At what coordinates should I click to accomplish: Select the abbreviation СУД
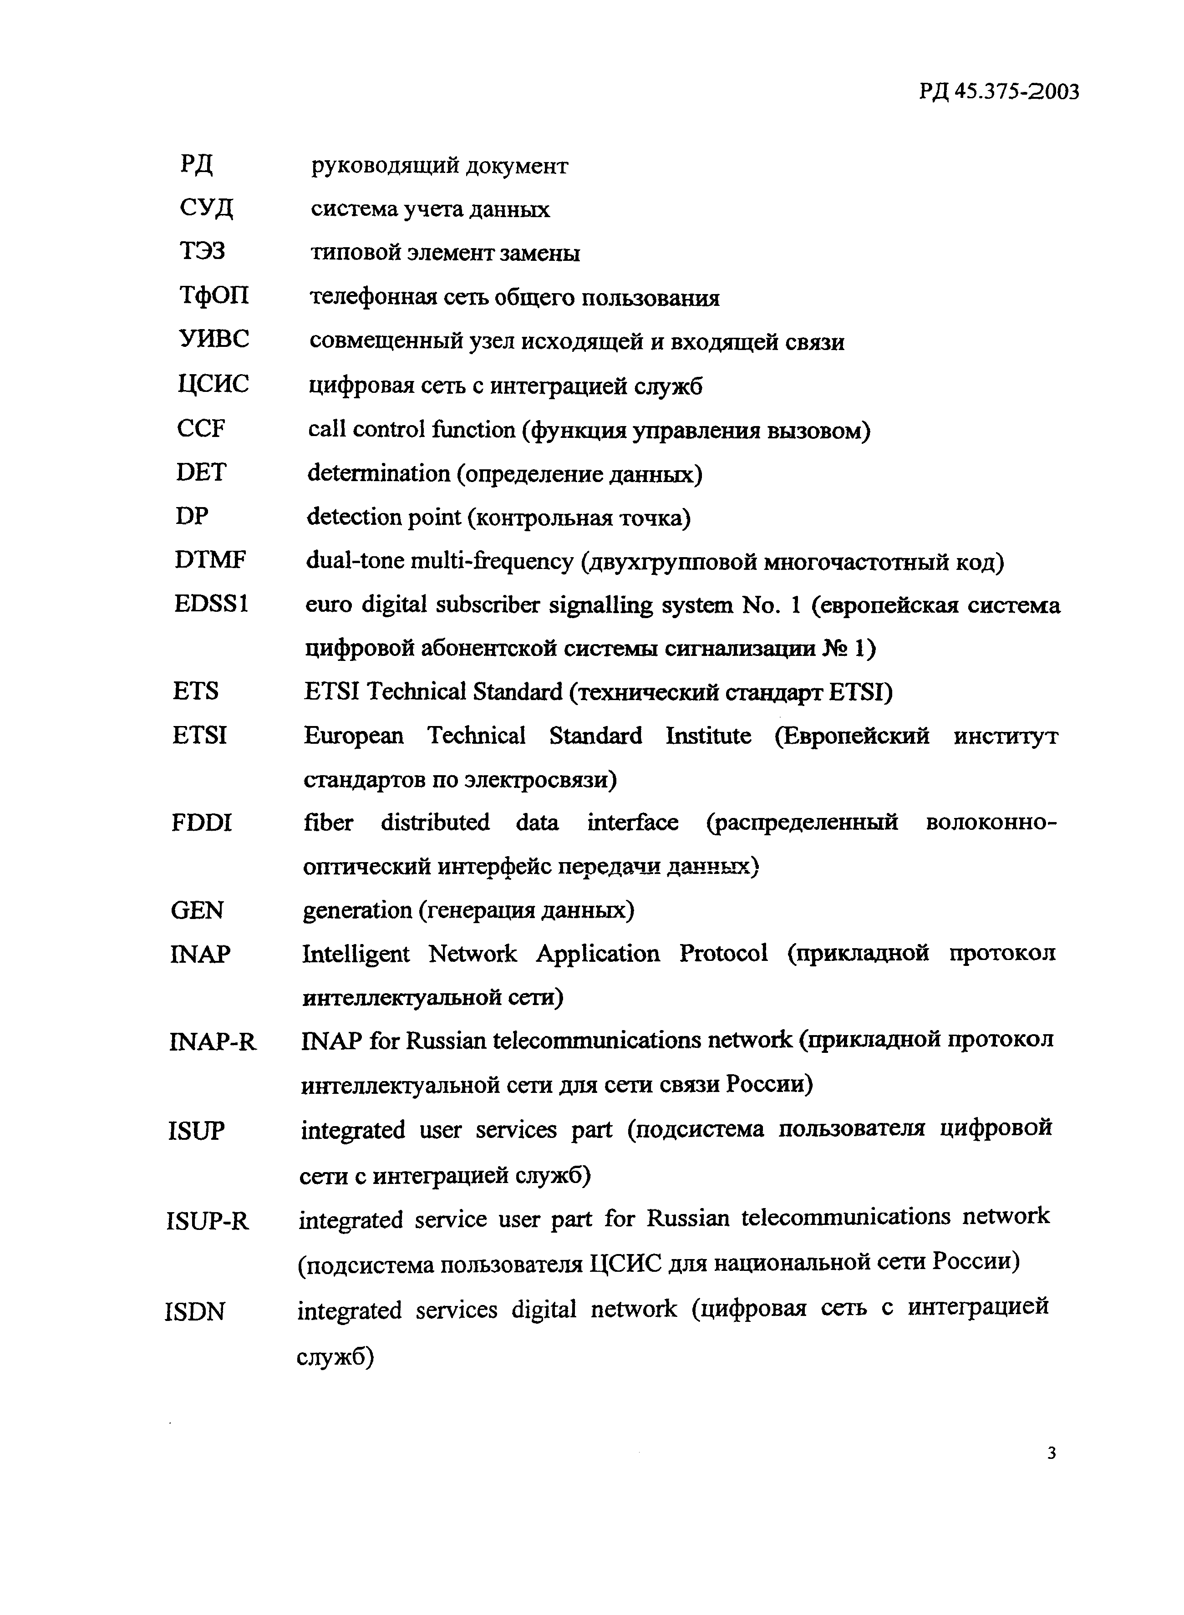point(206,208)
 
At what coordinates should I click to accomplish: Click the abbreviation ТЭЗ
point(202,252)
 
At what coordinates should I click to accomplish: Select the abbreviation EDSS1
point(211,604)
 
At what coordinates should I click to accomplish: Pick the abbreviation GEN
point(197,911)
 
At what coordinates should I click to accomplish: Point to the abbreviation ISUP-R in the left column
point(208,1220)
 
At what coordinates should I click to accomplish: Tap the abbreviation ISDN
point(195,1312)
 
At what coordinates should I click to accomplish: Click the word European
point(353,736)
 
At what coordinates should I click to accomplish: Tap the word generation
point(357,911)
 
